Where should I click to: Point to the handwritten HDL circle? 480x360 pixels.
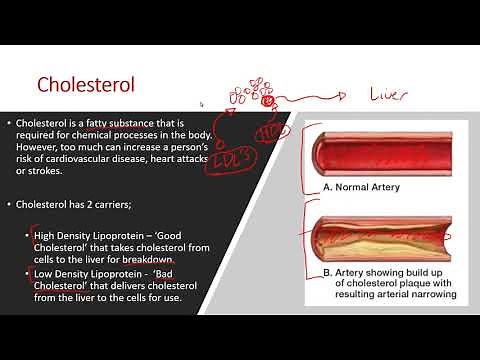tap(269, 134)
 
